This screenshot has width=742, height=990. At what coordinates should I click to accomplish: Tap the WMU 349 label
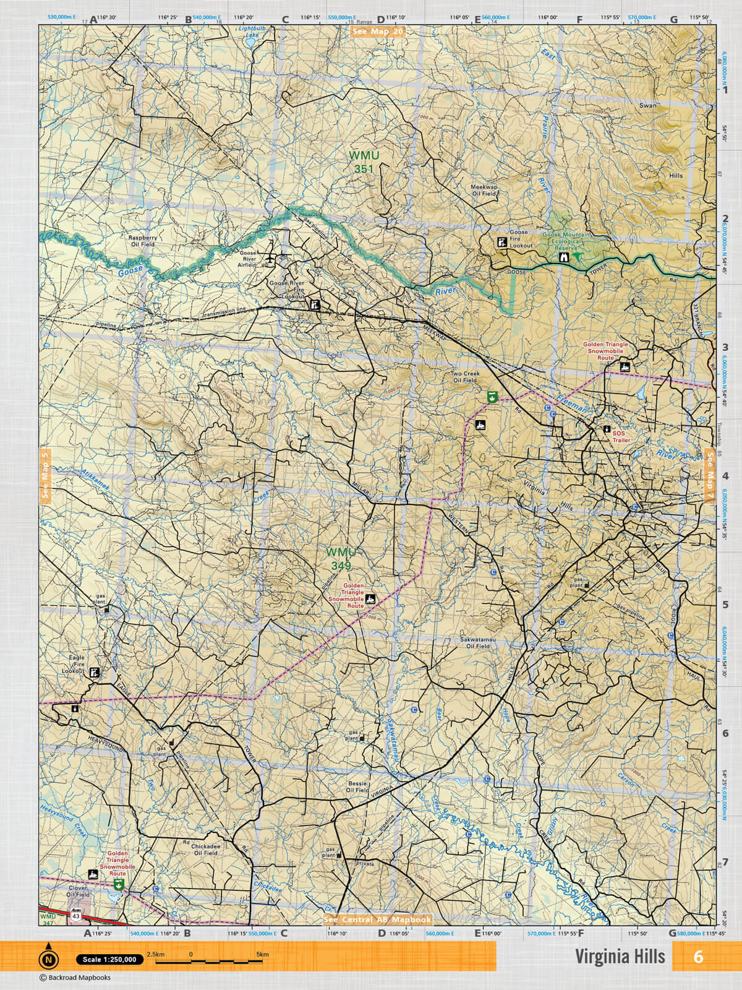339,557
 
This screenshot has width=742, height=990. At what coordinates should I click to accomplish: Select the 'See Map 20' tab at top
377,32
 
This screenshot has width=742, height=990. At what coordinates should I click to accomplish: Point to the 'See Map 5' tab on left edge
45,473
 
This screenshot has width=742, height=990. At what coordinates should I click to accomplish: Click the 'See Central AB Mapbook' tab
377,920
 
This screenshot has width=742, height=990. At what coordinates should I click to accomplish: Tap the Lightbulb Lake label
252,32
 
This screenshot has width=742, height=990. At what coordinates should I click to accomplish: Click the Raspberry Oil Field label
142,241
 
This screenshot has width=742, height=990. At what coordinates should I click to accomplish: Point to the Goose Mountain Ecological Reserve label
568,242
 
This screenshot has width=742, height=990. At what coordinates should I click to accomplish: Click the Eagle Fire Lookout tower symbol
94,671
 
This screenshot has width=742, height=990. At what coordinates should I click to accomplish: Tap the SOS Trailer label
621,437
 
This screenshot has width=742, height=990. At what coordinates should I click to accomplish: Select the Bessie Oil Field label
357,786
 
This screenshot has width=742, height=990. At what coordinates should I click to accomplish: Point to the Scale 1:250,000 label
109,960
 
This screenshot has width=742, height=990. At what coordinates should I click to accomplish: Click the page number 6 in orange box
698,957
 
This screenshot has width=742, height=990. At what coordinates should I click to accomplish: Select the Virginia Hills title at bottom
620,957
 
